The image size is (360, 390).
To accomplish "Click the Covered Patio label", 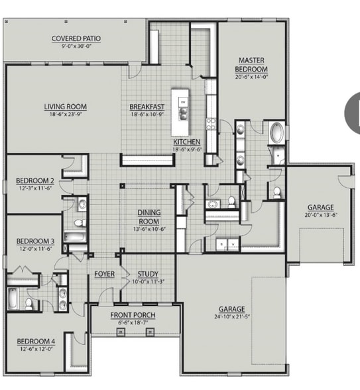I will click(76, 38).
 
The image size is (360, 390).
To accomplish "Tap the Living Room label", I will click(65, 106).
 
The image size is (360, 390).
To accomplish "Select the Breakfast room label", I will click(147, 106).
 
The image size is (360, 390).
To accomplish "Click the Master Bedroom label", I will click(253, 64).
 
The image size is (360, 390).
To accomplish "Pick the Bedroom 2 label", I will click(34, 181).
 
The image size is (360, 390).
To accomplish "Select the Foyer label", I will click(105, 274).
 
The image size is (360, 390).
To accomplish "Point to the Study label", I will click(147, 274).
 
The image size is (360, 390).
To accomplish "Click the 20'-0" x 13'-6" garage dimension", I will click(320, 215).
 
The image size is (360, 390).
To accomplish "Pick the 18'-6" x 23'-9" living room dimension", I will click(65, 115).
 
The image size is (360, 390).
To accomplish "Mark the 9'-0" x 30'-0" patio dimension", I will click(76, 46).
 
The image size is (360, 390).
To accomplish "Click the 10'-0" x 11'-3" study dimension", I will click(147, 281).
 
